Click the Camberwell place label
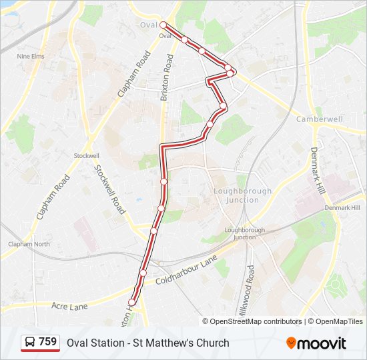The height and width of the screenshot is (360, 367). (319, 119)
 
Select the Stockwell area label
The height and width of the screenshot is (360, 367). (86, 155)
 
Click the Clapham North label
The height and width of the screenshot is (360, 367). (29, 244)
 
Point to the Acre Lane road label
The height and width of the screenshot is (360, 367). (69, 306)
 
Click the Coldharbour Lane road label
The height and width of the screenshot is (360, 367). (187, 272)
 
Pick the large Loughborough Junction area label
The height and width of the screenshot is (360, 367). (242, 195)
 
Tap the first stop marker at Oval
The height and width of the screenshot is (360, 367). (163, 25)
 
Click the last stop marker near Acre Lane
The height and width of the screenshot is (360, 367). (131, 303)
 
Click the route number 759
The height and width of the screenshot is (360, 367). (48, 342)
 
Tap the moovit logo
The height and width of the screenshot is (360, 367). (316, 343)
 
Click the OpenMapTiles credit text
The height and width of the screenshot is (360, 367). (340, 321)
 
